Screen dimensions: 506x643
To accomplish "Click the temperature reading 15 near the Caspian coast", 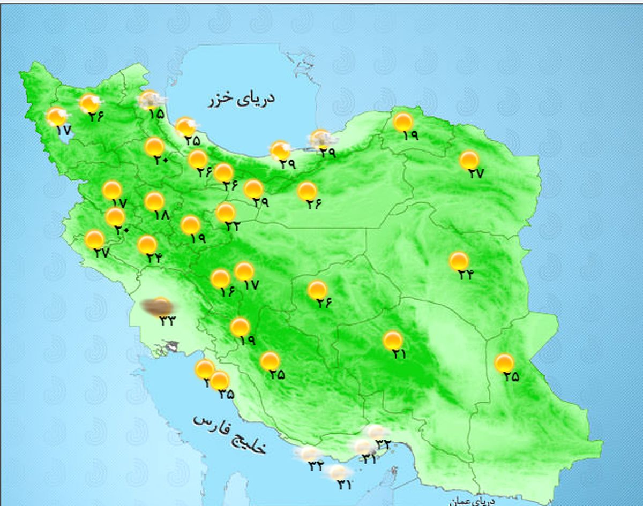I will [156, 114].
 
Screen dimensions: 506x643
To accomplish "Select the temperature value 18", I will [161, 215].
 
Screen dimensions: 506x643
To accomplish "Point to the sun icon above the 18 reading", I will [154, 201].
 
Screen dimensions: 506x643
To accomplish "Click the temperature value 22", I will [233, 226].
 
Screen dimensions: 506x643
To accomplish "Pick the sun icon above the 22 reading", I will [226, 213].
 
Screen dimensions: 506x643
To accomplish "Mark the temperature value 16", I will [227, 292].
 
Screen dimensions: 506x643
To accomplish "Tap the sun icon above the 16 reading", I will [220, 278].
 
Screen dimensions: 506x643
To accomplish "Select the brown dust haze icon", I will [157, 307].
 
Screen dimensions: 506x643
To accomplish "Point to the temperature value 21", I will [399, 354].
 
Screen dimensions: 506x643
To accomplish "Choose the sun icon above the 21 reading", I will [393, 340].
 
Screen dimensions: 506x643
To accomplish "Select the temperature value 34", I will [316, 466].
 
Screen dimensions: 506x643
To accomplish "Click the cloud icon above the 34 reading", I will [309, 454].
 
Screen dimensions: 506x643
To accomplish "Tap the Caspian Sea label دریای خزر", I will [241, 100].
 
